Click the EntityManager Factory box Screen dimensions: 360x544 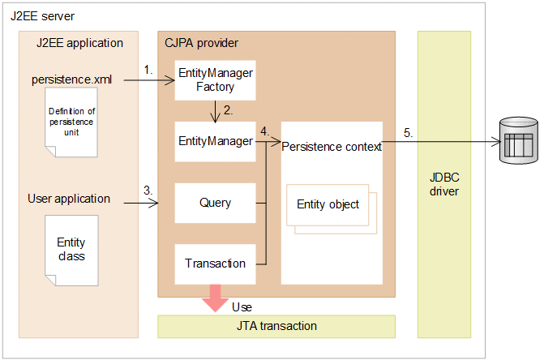pyautogui.click(x=215, y=79)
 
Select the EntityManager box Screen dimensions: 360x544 pyautogui.click(x=215, y=141)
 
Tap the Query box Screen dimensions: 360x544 pyautogui.click(x=215, y=203)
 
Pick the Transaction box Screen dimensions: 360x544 pyautogui.click(x=215, y=264)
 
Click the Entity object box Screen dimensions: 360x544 pyautogui.click(x=328, y=204)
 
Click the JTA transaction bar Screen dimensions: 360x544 pyautogui.click(x=276, y=326)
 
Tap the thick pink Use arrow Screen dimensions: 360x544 pyautogui.click(x=215, y=296)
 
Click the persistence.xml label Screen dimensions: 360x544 pyautogui.click(x=71, y=79)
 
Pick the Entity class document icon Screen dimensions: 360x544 pyautogui.click(x=71, y=250)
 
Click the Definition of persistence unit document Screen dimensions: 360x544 pyautogui.click(x=71, y=122)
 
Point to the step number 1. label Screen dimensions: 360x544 pyautogui.click(x=148, y=70)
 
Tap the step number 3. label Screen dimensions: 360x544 pyautogui.click(x=148, y=190)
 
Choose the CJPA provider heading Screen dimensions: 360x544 pyautogui.click(x=200, y=42)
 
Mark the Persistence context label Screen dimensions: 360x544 pyautogui.click(x=332, y=146)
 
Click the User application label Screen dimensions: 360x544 pyautogui.click(x=69, y=198)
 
